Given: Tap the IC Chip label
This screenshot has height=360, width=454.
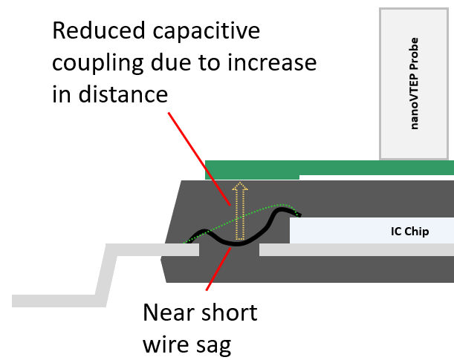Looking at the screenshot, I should click(x=409, y=232).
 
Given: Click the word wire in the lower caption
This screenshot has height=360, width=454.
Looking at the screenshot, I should click(x=166, y=344).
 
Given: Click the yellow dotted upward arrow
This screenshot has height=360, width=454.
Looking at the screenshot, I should click(x=238, y=212).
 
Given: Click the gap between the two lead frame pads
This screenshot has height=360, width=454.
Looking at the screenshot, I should click(x=229, y=252).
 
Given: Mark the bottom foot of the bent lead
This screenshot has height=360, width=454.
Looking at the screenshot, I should click(x=52, y=300).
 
